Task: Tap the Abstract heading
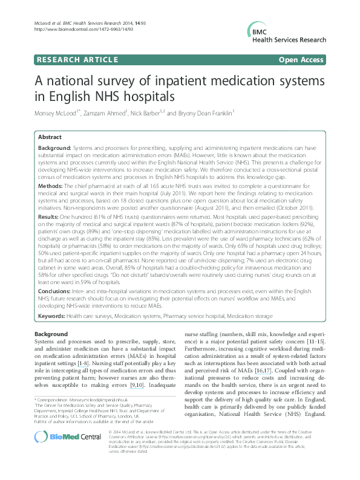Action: pos(51,137)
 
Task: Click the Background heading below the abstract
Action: pos(51,334)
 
